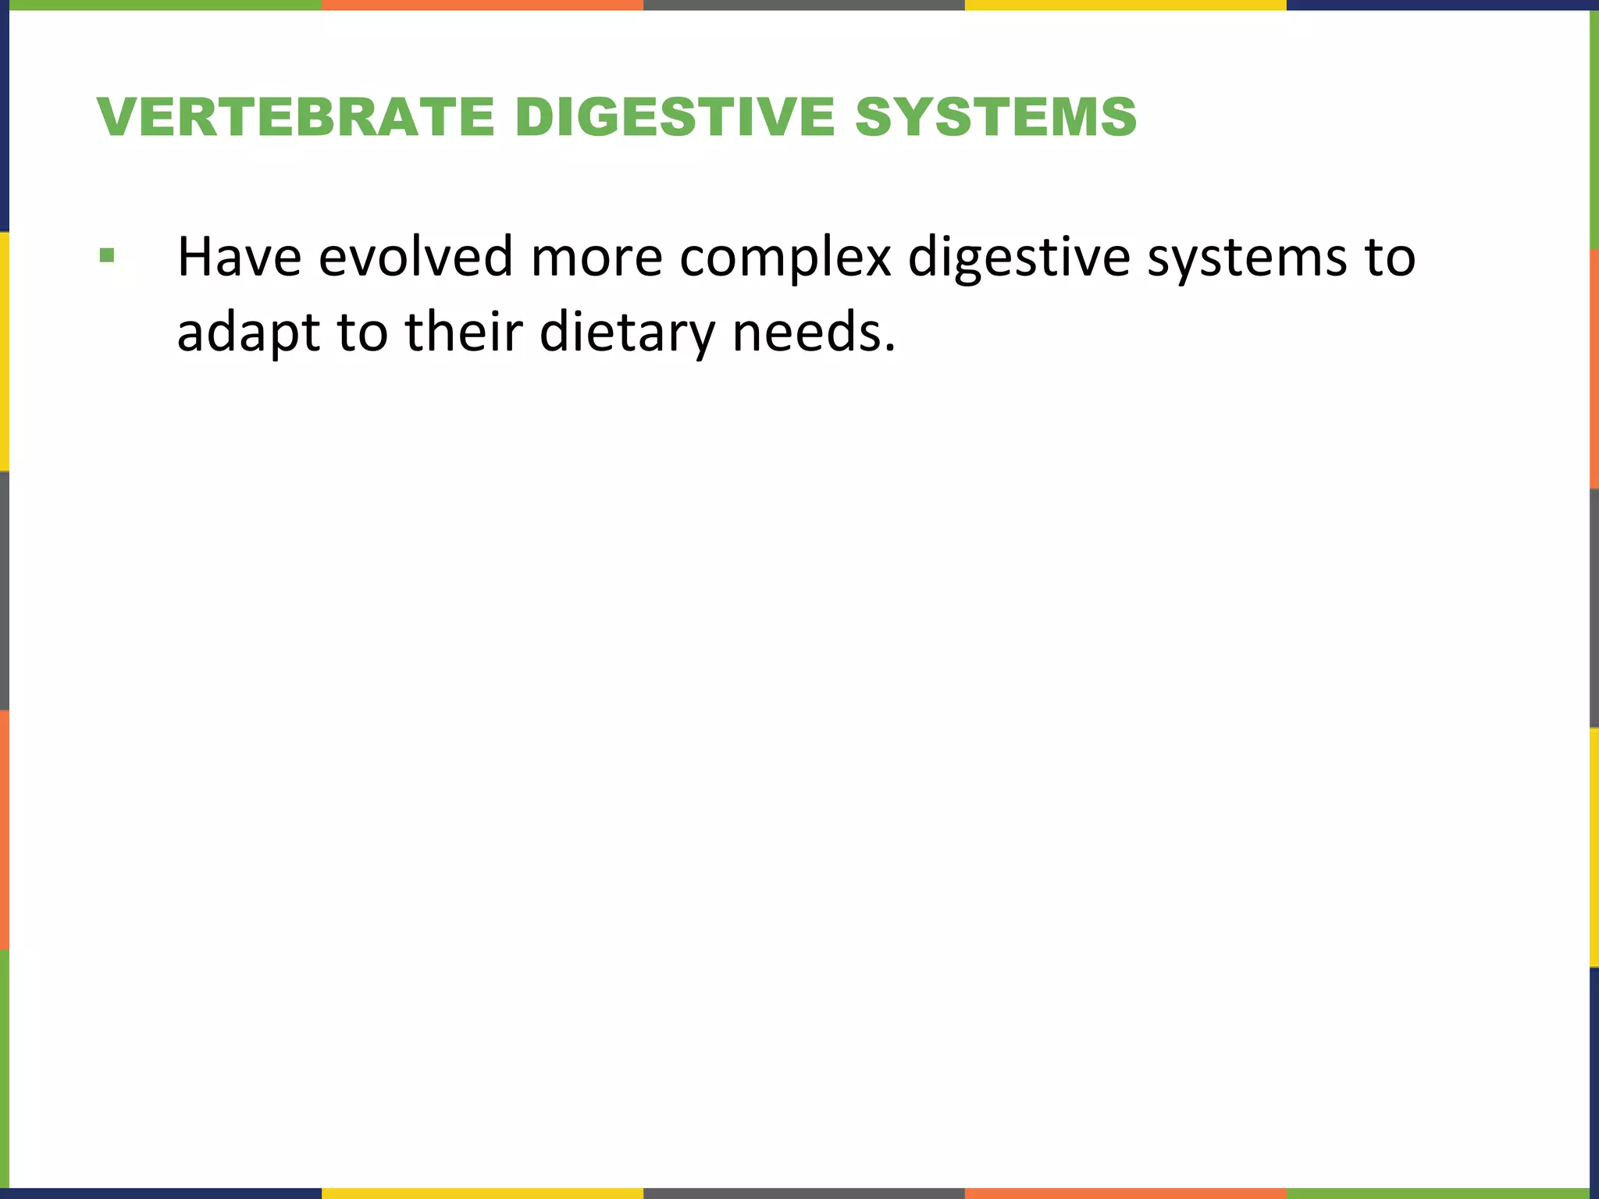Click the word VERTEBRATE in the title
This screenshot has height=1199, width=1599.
pos(296,117)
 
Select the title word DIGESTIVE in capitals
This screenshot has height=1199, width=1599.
pos(675,117)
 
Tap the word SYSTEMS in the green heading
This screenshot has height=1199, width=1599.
pos(995,117)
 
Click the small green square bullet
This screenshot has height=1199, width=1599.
pos(107,255)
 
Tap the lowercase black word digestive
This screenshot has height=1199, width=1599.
pos(1019,258)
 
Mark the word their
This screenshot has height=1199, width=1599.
pos(464,331)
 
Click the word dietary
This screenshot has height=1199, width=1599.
pos(627,333)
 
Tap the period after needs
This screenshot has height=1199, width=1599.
pos(890,347)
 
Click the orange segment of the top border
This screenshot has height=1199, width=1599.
pos(482,5)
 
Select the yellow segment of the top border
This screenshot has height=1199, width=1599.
pos(1125,5)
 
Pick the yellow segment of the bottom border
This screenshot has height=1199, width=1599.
pos(482,1194)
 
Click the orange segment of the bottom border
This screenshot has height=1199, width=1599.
pos(1125,1194)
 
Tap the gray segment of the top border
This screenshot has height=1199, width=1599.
pos(803,5)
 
